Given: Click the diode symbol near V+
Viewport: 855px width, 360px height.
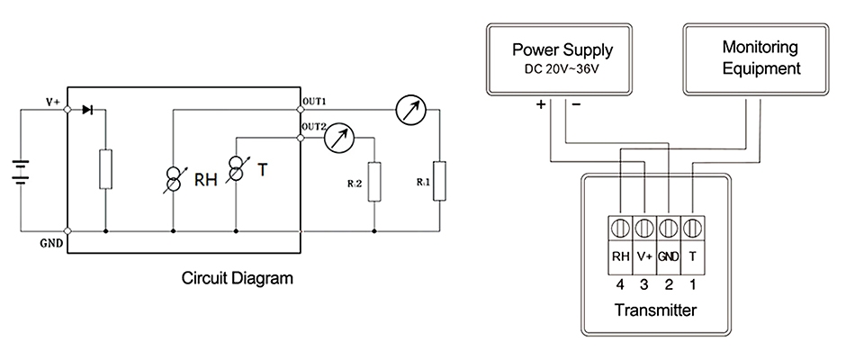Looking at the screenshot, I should (87, 109).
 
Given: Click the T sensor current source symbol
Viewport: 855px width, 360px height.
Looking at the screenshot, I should (236, 168).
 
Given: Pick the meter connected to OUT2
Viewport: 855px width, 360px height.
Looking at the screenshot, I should (338, 137).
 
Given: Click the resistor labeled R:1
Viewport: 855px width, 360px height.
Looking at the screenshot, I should (438, 183).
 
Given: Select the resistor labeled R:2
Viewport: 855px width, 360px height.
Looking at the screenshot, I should (374, 183).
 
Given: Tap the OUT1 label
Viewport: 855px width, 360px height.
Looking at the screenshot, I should (315, 101).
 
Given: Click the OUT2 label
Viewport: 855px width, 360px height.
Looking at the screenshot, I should (315, 127).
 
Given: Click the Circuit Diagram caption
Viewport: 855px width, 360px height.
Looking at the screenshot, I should (238, 278).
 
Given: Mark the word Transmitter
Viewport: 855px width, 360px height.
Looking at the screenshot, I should (656, 311).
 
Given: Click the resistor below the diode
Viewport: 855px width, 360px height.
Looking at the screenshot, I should (106, 169).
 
